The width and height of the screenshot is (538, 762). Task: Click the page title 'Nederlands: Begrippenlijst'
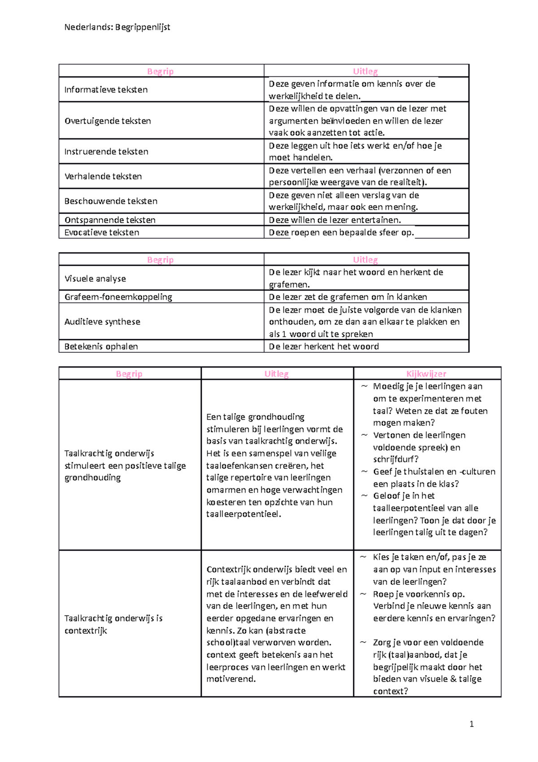pos(117,27)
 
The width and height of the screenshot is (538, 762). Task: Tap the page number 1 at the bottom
pos(471,723)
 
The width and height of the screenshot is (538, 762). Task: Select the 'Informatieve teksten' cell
pos(106,90)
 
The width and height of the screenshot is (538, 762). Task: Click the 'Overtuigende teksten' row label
pos(108,121)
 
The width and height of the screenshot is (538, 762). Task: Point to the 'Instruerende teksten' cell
pos(106,152)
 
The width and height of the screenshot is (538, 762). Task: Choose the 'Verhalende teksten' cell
pos(103,176)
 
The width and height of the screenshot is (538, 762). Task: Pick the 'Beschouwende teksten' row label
pos(111,201)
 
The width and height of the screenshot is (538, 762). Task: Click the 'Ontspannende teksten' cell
pos(110,220)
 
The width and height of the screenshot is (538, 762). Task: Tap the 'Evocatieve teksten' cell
pos(102,232)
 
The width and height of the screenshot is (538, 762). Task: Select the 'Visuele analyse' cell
pos(95,279)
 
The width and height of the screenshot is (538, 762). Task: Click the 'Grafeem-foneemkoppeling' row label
pos(118,297)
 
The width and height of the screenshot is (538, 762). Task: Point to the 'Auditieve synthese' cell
pos(102,322)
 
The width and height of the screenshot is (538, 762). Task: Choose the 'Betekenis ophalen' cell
pos(101,346)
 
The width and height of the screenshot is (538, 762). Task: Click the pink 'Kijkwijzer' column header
pos(426,374)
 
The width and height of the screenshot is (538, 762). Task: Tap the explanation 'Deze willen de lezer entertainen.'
pos(335,220)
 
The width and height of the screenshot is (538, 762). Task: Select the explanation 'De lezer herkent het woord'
pos(324,346)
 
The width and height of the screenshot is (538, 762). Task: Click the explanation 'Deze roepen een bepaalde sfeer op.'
pos(341,232)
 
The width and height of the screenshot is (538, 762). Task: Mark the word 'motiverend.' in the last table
pos(231,679)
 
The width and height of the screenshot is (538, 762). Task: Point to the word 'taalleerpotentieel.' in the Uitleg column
pos(243,514)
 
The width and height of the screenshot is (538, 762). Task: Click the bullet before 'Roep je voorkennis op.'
pos(363,594)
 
